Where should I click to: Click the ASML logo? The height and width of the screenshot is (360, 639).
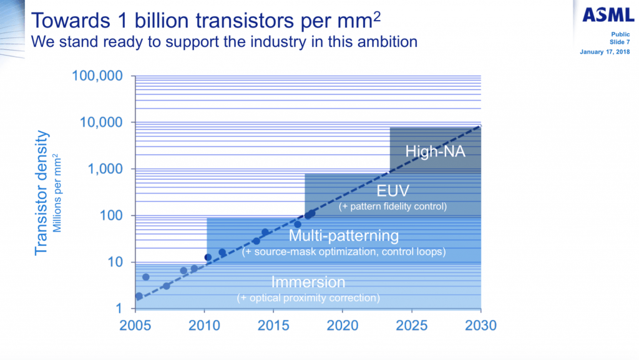click(x=608, y=15)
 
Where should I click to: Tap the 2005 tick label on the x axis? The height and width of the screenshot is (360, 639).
click(x=136, y=325)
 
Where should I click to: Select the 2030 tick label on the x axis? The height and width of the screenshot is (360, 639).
click(x=480, y=325)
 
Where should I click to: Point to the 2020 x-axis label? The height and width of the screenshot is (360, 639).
click(x=343, y=325)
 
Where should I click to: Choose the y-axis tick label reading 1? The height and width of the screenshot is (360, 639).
click(x=118, y=309)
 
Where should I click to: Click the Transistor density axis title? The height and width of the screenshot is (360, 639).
click(x=42, y=192)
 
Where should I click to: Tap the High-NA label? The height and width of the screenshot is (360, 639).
click(x=435, y=151)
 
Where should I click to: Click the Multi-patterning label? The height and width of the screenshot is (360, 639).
click(x=344, y=236)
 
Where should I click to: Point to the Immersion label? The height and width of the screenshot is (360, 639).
click(x=308, y=282)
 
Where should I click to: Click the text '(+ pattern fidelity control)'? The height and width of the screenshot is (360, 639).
click(x=393, y=206)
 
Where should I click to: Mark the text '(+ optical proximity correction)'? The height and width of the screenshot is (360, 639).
click(x=308, y=298)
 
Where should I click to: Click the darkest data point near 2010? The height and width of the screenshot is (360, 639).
click(x=208, y=257)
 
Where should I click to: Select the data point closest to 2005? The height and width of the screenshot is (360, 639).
click(x=139, y=296)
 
